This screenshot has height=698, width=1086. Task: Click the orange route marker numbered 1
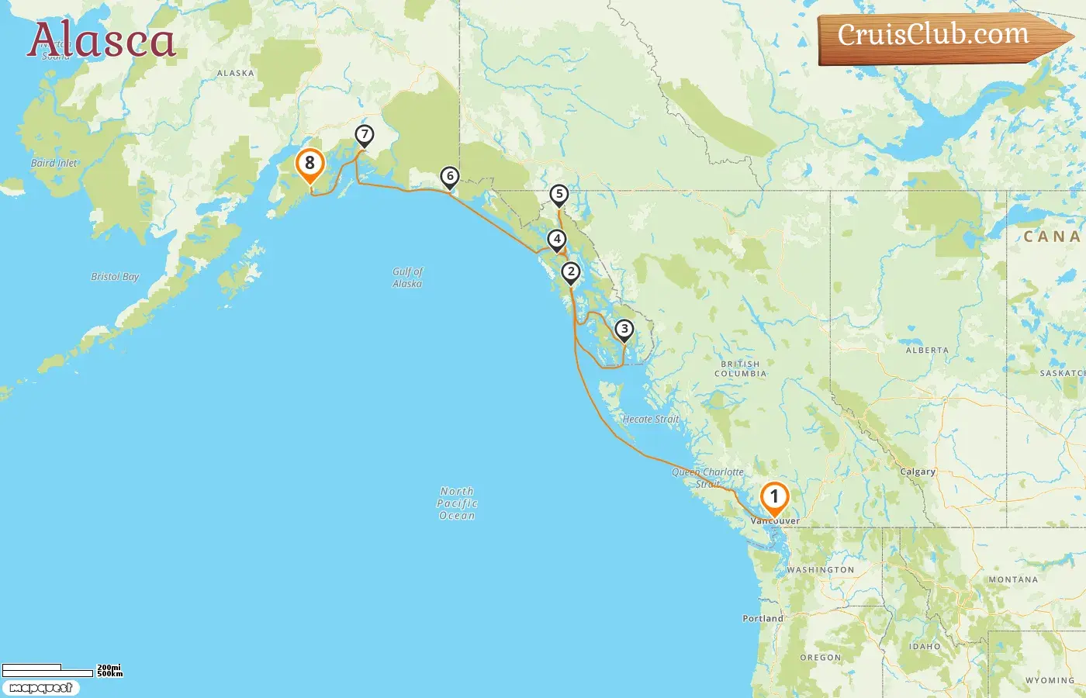tap(774, 497)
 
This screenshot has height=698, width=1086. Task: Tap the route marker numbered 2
tap(571, 271)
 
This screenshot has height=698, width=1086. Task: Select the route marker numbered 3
tap(624, 329)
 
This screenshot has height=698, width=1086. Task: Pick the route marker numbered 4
tap(556, 239)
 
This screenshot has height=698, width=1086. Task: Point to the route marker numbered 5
tap(559, 194)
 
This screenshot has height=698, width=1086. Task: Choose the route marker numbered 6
tap(449, 176)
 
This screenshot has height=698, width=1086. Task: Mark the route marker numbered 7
tap(364, 135)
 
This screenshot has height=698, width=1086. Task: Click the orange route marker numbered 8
tap(310, 164)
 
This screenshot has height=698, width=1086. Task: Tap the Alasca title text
tap(102, 40)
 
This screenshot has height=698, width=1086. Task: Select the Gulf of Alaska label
tap(407, 278)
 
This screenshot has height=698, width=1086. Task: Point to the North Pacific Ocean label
tap(457, 503)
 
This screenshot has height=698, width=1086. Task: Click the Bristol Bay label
tap(115, 277)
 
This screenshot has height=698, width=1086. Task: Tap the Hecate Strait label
tap(650, 420)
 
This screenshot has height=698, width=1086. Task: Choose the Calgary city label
tap(918, 472)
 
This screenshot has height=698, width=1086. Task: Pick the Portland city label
tap(763, 618)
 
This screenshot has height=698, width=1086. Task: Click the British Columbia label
tap(740, 368)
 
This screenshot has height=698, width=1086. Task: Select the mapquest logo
tap(40, 688)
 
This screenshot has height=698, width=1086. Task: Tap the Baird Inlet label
tap(54, 164)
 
